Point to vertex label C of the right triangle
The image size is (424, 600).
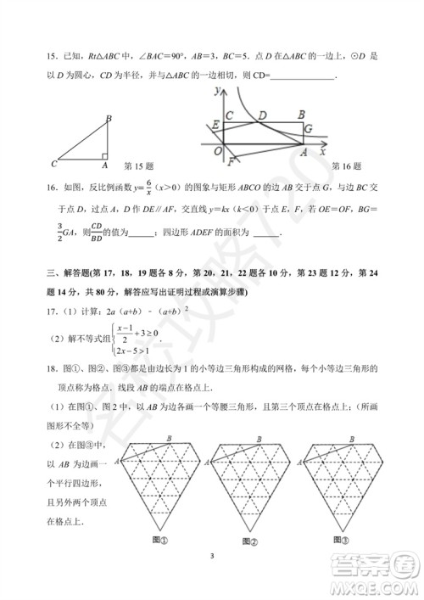53,163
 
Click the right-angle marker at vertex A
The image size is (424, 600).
103,155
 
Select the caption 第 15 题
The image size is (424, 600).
138,165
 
